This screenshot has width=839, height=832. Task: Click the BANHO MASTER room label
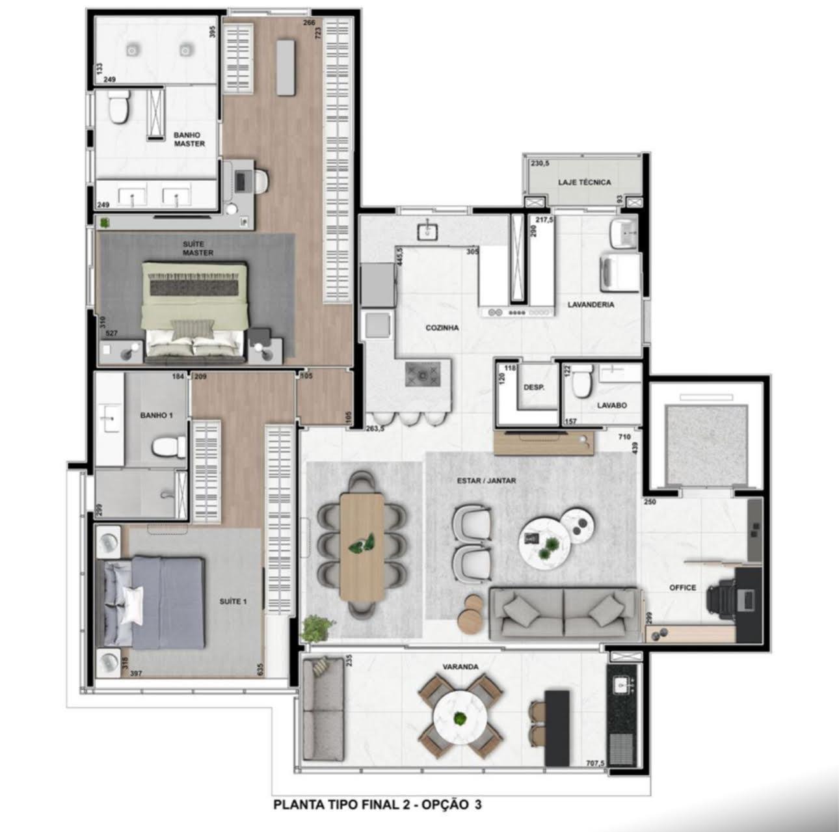point(189,139)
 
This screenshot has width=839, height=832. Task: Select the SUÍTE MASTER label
point(198,248)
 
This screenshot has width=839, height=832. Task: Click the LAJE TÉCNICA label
point(585,182)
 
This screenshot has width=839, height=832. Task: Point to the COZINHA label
point(442,328)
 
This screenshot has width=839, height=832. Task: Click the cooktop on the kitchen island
point(422,374)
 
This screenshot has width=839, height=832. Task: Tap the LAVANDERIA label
point(591,304)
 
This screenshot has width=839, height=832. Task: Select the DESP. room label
point(534,387)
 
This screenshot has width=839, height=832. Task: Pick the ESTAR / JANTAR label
point(486,481)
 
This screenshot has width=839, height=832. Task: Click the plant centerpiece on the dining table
point(362,543)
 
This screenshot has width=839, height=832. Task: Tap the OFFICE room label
point(683,587)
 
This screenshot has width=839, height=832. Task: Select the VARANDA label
point(460,667)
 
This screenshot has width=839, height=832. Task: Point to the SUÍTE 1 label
point(233,601)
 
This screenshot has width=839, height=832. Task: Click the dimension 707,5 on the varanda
point(594,763)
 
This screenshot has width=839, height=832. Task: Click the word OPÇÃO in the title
point(444,805)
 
